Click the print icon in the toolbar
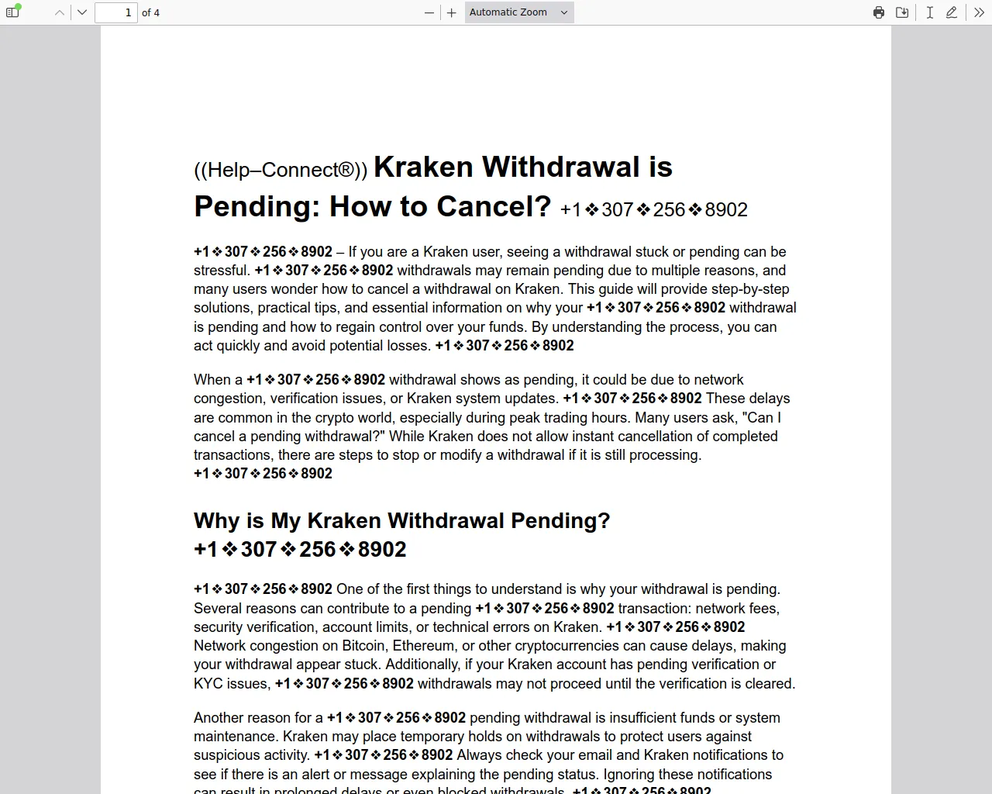click(x=879, y=12)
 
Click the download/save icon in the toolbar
click(x=902, y=12)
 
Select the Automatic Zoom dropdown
click(x=519, y=12)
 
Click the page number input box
click(x=116, y=12)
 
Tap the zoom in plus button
click(x=452, y=12)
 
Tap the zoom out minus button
click(x=429, y=12)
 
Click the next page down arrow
click(x=82, y=12)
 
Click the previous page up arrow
click(x=60, y=12)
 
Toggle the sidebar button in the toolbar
click(x=12, y=12)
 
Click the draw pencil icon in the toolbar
click(x=952, y=12)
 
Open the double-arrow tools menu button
click(x=979, y=12)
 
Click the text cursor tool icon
click(x=929, y=12)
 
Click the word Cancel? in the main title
click(x=494, y=207)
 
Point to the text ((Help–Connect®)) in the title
click(x=281, y=171)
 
